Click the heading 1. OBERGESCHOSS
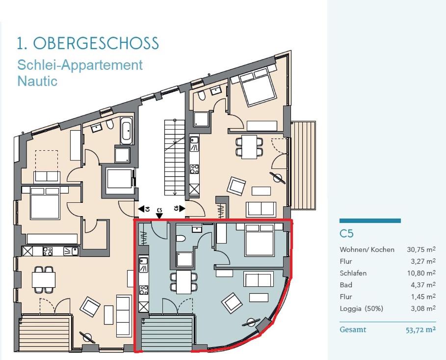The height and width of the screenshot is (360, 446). pos(88,43)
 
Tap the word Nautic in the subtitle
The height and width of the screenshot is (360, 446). pos(37,81)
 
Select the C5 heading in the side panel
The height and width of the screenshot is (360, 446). pos(346,234)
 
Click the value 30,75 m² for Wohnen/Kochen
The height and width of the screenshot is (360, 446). pos(421,249)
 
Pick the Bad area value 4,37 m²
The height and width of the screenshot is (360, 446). pos(423,285)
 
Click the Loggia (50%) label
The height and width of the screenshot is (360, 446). pos(361,308)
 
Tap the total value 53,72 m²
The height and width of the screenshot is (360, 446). pos(420,330)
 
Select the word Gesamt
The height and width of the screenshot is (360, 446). pos(353,330)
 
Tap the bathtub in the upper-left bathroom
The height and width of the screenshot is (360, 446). pos(126,131)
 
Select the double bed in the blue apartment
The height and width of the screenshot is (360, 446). pos(260,240)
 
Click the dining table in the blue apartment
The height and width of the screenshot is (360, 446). pos(184,282)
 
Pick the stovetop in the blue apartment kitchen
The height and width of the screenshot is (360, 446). pos(144,290)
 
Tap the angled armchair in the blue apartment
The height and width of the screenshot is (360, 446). pos(232,303)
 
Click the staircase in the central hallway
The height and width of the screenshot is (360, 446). pos(174,158)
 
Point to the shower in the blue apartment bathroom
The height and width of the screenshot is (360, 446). pos(184,259)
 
